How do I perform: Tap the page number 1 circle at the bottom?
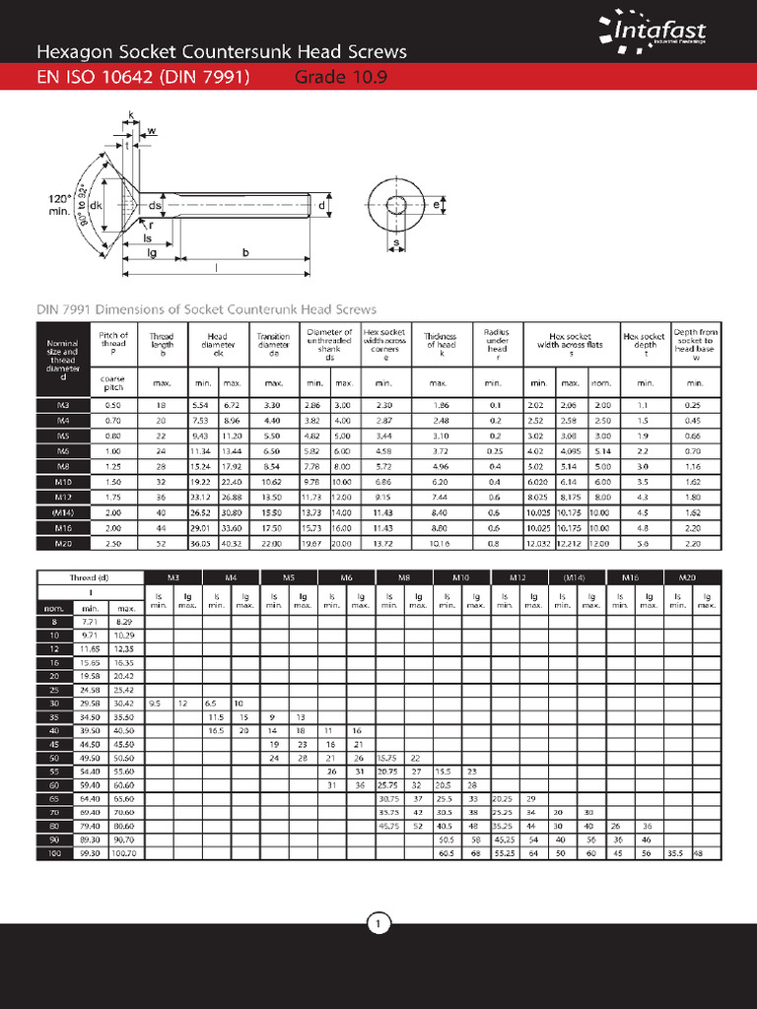pos(378,923)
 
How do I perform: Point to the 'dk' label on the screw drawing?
pos(96,206)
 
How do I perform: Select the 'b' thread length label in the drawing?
pos(245,252)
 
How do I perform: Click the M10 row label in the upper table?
pos(63,481)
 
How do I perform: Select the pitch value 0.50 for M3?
pos(112,405)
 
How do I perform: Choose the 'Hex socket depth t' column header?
pos(645,341)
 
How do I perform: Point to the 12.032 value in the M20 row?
pos(538,543)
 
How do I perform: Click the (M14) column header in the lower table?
pos(576,576)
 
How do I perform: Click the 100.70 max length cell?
pos(124,852)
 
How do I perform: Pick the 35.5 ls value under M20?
pos(676,852)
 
